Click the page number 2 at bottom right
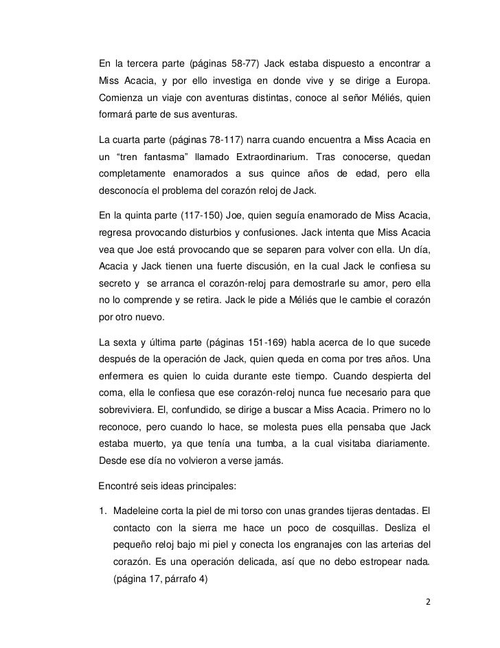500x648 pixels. click(429, 603)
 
